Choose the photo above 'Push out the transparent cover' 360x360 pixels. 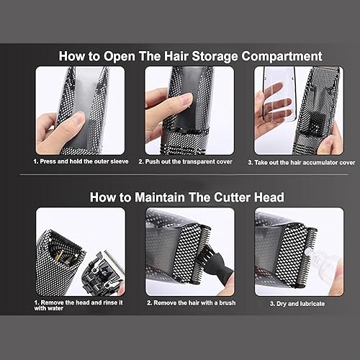click(x=189, y=110)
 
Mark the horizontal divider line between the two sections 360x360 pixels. click(x=180, y=175)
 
